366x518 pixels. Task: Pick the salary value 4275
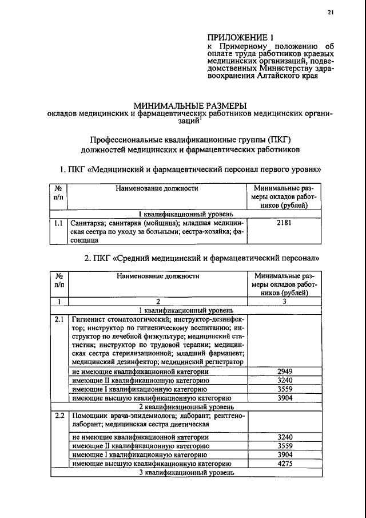[284, 464]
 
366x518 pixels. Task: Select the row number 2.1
[58, 319]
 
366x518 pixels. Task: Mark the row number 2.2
[58, 415]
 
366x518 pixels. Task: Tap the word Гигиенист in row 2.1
[88, 319]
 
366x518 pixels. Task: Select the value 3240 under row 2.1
[284, 380]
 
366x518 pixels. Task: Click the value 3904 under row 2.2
[284, 456]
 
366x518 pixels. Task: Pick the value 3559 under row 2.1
[284, 389]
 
